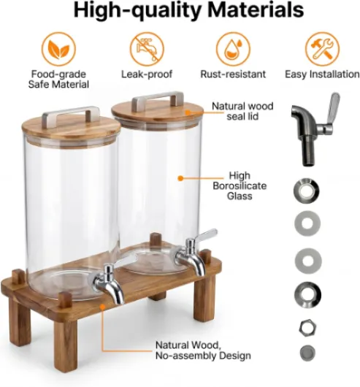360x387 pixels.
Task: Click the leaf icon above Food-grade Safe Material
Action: pos(58,49)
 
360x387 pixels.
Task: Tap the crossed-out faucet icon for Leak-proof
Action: pos(147,49)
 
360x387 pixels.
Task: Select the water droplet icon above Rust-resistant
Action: pos(233,49)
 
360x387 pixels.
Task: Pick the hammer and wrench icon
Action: pos(322,49)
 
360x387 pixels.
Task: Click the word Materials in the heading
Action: pos(256,9)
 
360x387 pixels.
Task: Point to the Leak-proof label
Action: pos(147,74)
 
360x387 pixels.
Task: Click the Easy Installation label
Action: pos(322,74)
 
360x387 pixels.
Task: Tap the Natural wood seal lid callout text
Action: pos(242,111)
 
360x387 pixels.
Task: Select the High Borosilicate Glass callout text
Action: pos(240,185)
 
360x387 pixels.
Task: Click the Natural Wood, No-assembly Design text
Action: pos(203,350)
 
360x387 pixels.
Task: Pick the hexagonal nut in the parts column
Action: pos(307,328)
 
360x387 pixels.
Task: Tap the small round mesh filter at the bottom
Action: pos(307,352)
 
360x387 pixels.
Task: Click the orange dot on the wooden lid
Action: pos(188,112)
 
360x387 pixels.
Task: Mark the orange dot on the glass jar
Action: pos(180,178)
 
